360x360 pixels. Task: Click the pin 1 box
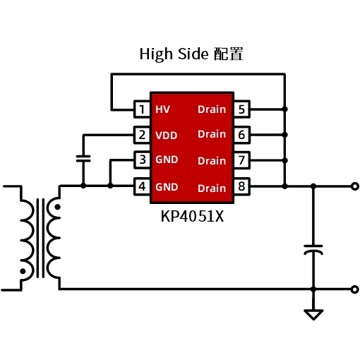point(142,109)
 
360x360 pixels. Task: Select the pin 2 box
point(142,135)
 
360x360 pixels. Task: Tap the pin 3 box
point(142,160)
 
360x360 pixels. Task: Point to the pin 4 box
point(142,186)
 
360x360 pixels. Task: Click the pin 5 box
point(241,109)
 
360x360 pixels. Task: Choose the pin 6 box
point(241,135)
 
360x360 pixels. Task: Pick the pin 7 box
point(241,160)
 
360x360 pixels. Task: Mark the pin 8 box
point(241,186)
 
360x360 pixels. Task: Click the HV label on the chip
point(162,109)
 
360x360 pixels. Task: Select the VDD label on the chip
point(167,136)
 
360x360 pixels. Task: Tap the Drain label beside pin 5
point(212,109)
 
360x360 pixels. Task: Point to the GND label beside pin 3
point(167,160)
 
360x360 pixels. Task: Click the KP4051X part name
point(192,216)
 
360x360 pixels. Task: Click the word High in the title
point(156,54)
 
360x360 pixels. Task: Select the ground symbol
point(313,315)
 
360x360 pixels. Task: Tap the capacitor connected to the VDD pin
point(83,159)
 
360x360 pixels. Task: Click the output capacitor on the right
point(313,250)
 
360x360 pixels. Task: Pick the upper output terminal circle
point(355,186)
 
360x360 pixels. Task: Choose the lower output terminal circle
point(355,289)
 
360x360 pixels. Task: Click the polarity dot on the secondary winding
point(57,207)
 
